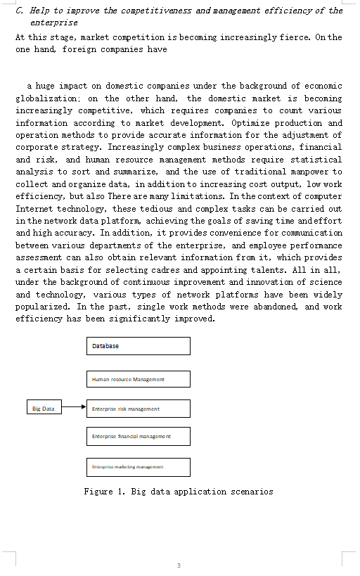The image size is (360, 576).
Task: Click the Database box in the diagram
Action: coord(139,346)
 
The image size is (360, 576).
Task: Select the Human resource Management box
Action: coord(139,379)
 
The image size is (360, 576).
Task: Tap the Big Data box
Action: coord(43,409)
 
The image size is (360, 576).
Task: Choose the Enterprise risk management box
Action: coord(139,409)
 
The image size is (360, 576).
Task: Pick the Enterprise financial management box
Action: coord(139,436)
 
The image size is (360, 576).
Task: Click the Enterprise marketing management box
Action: coord(139,466)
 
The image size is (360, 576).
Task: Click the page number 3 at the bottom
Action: coord(179,565)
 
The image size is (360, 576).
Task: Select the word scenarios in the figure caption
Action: coord(251,492)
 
